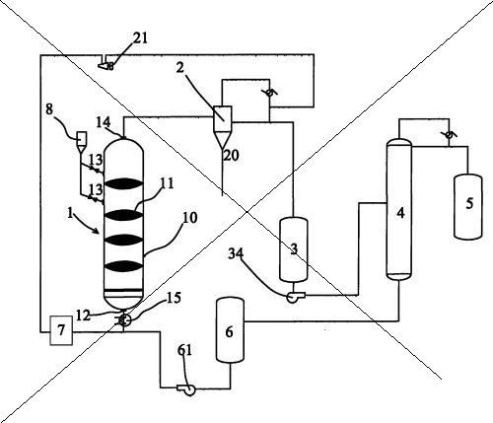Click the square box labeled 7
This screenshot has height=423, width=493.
click(61, 330)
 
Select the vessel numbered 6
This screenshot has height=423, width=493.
click(230, 330)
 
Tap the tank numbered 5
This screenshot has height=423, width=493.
click(468, 206)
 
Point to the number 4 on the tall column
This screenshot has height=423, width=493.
click(400, 213)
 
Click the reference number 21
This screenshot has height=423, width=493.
click(140, 38)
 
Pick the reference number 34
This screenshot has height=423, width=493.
click(237, 253)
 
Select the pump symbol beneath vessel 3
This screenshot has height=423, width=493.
click(295, 297)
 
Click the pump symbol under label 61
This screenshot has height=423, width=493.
click(186, 389)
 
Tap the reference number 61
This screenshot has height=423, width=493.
click(184, 350)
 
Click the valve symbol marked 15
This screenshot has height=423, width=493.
click(124, 319)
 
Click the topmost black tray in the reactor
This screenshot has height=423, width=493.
click(123, 183)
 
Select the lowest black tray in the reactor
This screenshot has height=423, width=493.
click(123, 266)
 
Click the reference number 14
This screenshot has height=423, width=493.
click(104, 122)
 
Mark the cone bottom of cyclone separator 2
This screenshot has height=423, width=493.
click(223, 139)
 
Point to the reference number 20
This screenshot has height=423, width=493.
click(231, 155)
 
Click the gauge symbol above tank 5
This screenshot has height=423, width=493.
click(449, 134)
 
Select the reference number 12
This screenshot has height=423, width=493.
click(83, 316)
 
